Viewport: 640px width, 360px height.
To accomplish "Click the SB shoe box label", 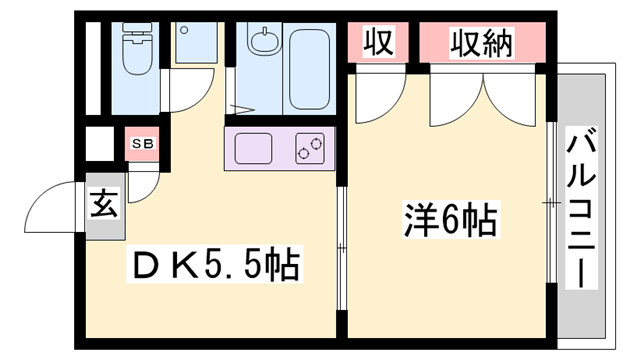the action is pyautogui.click(x=143, y=143).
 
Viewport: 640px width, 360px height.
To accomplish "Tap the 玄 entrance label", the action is pyautogui.click(x=104, y=207).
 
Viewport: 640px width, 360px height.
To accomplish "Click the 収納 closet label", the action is pyautogui.click(x=483, y=43).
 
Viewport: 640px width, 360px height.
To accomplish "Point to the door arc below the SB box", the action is pyautogui.click(x=143, y=181).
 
